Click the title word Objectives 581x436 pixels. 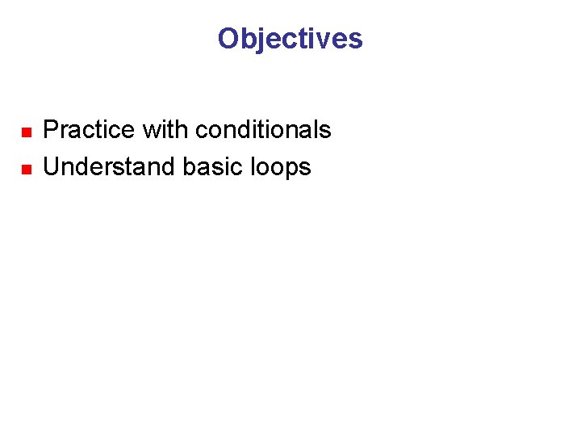290,39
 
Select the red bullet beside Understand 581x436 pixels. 25,169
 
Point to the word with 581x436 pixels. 165,130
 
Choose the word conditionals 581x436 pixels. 263,130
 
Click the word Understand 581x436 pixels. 110,167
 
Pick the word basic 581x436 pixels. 211,167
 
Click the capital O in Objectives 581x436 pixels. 228,39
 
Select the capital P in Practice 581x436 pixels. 50,130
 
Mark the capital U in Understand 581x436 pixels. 51,167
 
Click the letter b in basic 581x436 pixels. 189,167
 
